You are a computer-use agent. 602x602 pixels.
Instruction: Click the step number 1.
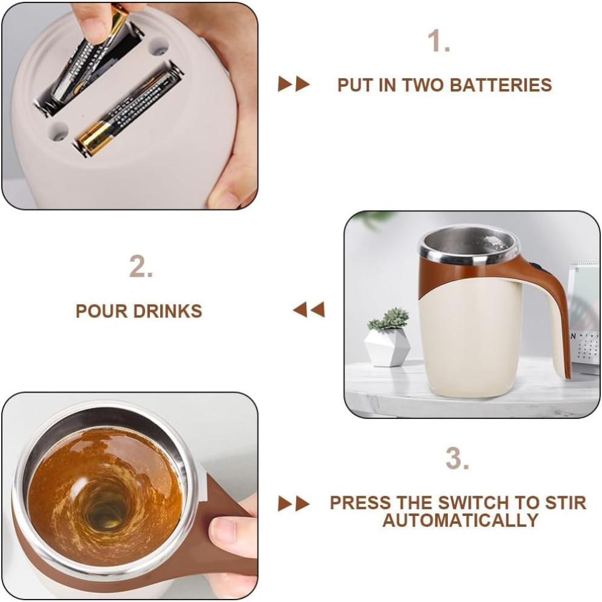click(x=438, y=41)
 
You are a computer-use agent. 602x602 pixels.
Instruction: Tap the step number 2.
click(x=141, y=266)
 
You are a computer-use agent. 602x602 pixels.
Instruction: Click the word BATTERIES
click(x=501, y=85)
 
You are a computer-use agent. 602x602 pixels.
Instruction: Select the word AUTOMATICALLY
click(x=460, y=520)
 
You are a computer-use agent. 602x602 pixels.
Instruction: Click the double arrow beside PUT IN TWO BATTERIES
click(x=294, y=84)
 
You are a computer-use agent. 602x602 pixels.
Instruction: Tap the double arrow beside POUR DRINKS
click(x=309, y=309)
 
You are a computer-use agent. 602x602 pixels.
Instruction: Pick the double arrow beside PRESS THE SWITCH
click(x=294, y=504)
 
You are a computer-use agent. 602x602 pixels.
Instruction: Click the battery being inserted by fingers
click(x=91, y=58)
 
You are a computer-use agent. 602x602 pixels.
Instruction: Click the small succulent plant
click(x=388, y=319)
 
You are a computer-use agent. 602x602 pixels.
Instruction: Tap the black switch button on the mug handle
click(x=535, y=265)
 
